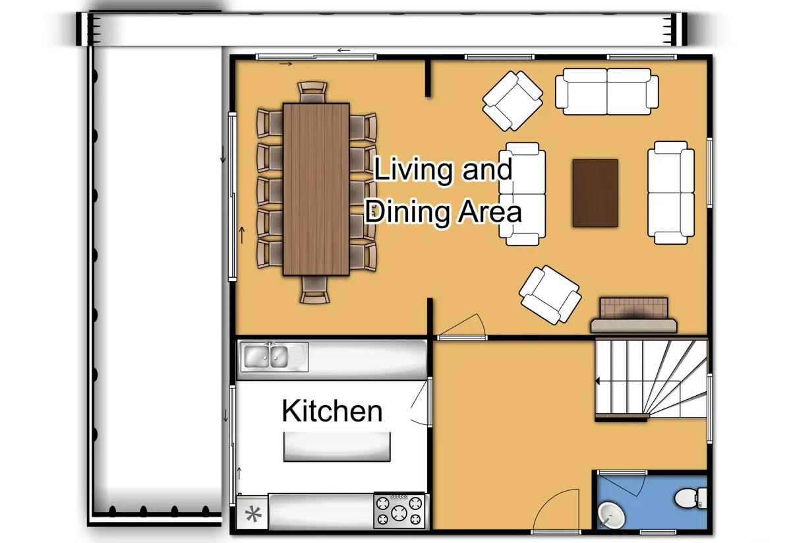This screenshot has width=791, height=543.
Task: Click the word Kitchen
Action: (x=332, y=411)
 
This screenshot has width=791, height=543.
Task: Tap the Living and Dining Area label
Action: (x=443, y=191)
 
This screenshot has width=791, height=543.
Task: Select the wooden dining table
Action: (x=316, y=189)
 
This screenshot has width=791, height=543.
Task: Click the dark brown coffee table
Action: (x=595, y=193)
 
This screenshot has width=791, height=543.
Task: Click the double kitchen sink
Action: (x=266, y=357)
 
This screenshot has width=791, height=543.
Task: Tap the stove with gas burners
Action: (x=399, y=510)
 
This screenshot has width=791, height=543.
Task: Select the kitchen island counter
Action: (x=337, y=447)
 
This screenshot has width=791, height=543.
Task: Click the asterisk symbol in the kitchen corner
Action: (x=253, y=514)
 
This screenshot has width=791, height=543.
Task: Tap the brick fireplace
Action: (x=633, y=314)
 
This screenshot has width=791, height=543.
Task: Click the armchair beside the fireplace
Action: (x=550, y=295)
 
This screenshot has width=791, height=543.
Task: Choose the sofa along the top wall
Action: (x=607, y=91)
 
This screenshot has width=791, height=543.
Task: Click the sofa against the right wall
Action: (x=671, y=193)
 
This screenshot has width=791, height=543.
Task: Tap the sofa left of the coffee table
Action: (x=522, y=193)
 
